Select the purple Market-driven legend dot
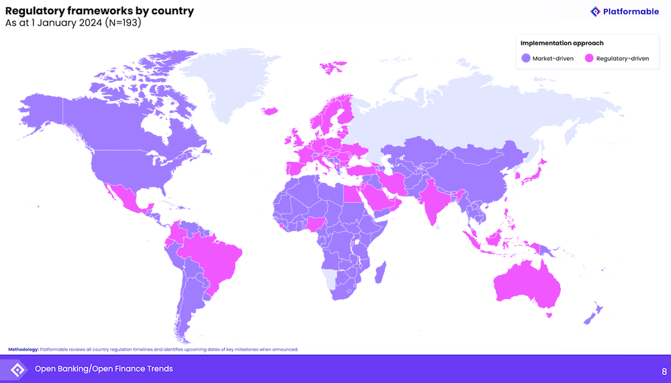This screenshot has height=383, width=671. tap(526, 58)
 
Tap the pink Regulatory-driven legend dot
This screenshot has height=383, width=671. tap(589, 58)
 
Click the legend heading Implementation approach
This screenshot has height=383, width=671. tap(562, 44)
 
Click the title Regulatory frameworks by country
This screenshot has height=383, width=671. tap(99, 11)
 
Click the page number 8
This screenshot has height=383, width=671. tap(664, 371)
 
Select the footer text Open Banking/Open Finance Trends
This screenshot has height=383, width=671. tap(104, 369)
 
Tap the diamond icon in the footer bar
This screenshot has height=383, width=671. tap(17, 370)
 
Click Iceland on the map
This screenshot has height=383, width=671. tap(269, 111)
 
